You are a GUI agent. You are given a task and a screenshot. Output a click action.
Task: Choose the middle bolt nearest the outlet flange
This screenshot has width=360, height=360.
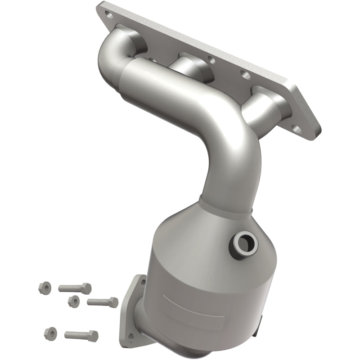[x=103, y=302]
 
